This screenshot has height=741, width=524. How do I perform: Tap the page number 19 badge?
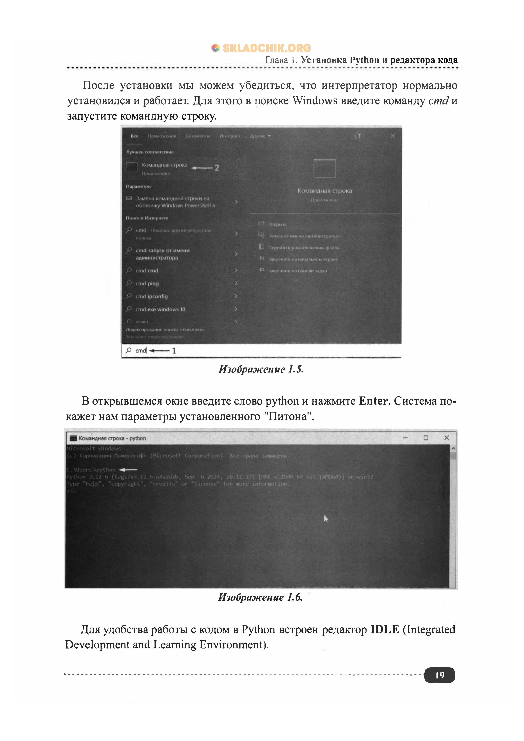pyautogui.click(x=439, y=675)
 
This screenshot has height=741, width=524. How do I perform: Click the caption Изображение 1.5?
pyautogui.click(x=261, y=369)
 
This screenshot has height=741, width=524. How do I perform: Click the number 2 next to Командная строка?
pyautogui.click(x=217, y=168)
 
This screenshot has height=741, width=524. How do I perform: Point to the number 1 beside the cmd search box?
pyautogui.click(x=174, y=351)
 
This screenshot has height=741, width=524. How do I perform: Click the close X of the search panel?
pyautogui.click(x=393, y=136)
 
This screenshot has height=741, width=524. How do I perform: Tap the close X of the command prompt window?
pyautogui.click(x=447, y=438)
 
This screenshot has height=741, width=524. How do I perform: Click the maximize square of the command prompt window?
pyautogui.click(x=426, y=438)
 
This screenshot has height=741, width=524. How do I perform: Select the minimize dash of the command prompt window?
pyautogui.click(x=405, y=438)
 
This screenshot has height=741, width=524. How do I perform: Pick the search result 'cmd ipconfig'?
pyautogui.click(x=151, y=296)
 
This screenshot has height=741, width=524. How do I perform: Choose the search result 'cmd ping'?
pyautogui.click(x=147, y=283)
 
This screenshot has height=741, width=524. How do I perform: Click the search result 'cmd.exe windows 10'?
pyautogui.click(x=160, y=309)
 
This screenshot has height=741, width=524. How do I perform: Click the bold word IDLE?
pyautogui.click(x=385, y=629)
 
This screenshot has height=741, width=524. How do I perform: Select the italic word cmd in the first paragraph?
pyautogui.click(x=438, y=101)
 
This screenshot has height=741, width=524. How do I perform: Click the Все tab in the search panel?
pyautogui.click(x=135, y=136)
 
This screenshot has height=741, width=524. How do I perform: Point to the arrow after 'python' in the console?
pyautogui.click(x=128, y=470)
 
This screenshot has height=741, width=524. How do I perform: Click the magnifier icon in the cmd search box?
pyautogui.click(x=128, y=350)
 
